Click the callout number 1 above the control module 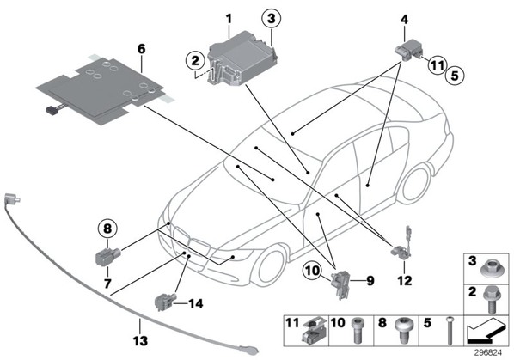[x=229, y=19]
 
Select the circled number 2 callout [x=195, y=61]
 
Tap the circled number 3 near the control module [x=272, y=18]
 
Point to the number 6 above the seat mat [x=141, y=49]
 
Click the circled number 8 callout [x=107, y=229]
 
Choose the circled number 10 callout [x=312, y=271]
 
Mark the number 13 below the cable [x=140, y=341]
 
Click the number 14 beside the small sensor [x=195, y=303]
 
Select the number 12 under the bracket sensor [x=405, y=280]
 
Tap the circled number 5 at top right [x=455, y=76]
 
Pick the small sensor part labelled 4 [x=408, y=50]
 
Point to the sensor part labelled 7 [x=108, y=255]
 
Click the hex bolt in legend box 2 [x=492, y=299]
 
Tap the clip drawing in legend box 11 [x=315, y=331]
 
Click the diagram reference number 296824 [x=488, y=353]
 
